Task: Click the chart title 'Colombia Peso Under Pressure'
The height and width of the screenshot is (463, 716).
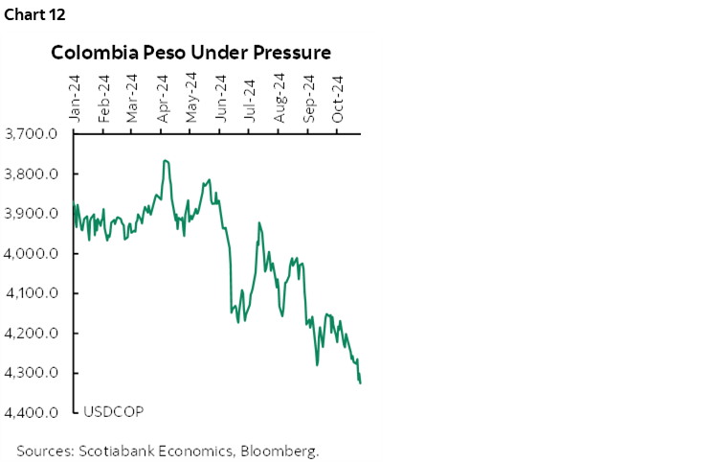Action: pos(190,52)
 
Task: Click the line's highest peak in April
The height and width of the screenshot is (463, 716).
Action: pos(166,160)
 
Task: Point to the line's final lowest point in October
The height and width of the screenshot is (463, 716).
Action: pos(360,383)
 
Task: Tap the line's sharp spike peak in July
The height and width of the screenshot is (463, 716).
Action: pos(259,223)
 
